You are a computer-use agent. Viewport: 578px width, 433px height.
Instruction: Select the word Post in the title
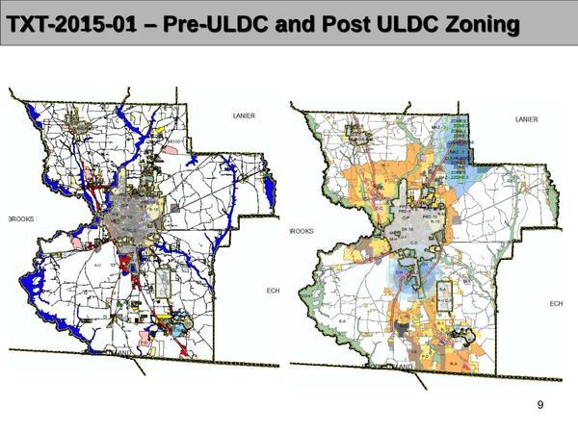(x=314, y=22)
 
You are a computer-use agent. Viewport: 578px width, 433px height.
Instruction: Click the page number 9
(x=540, y=405)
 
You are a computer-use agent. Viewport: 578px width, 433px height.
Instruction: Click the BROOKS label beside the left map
(x=21, y=219)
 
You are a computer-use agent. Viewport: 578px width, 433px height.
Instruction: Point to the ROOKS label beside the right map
(x=302, y=231)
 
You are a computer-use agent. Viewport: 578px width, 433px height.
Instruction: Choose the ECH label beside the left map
(x=272, y=292)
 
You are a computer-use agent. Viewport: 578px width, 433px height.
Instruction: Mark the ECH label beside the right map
(x=556, y=303)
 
